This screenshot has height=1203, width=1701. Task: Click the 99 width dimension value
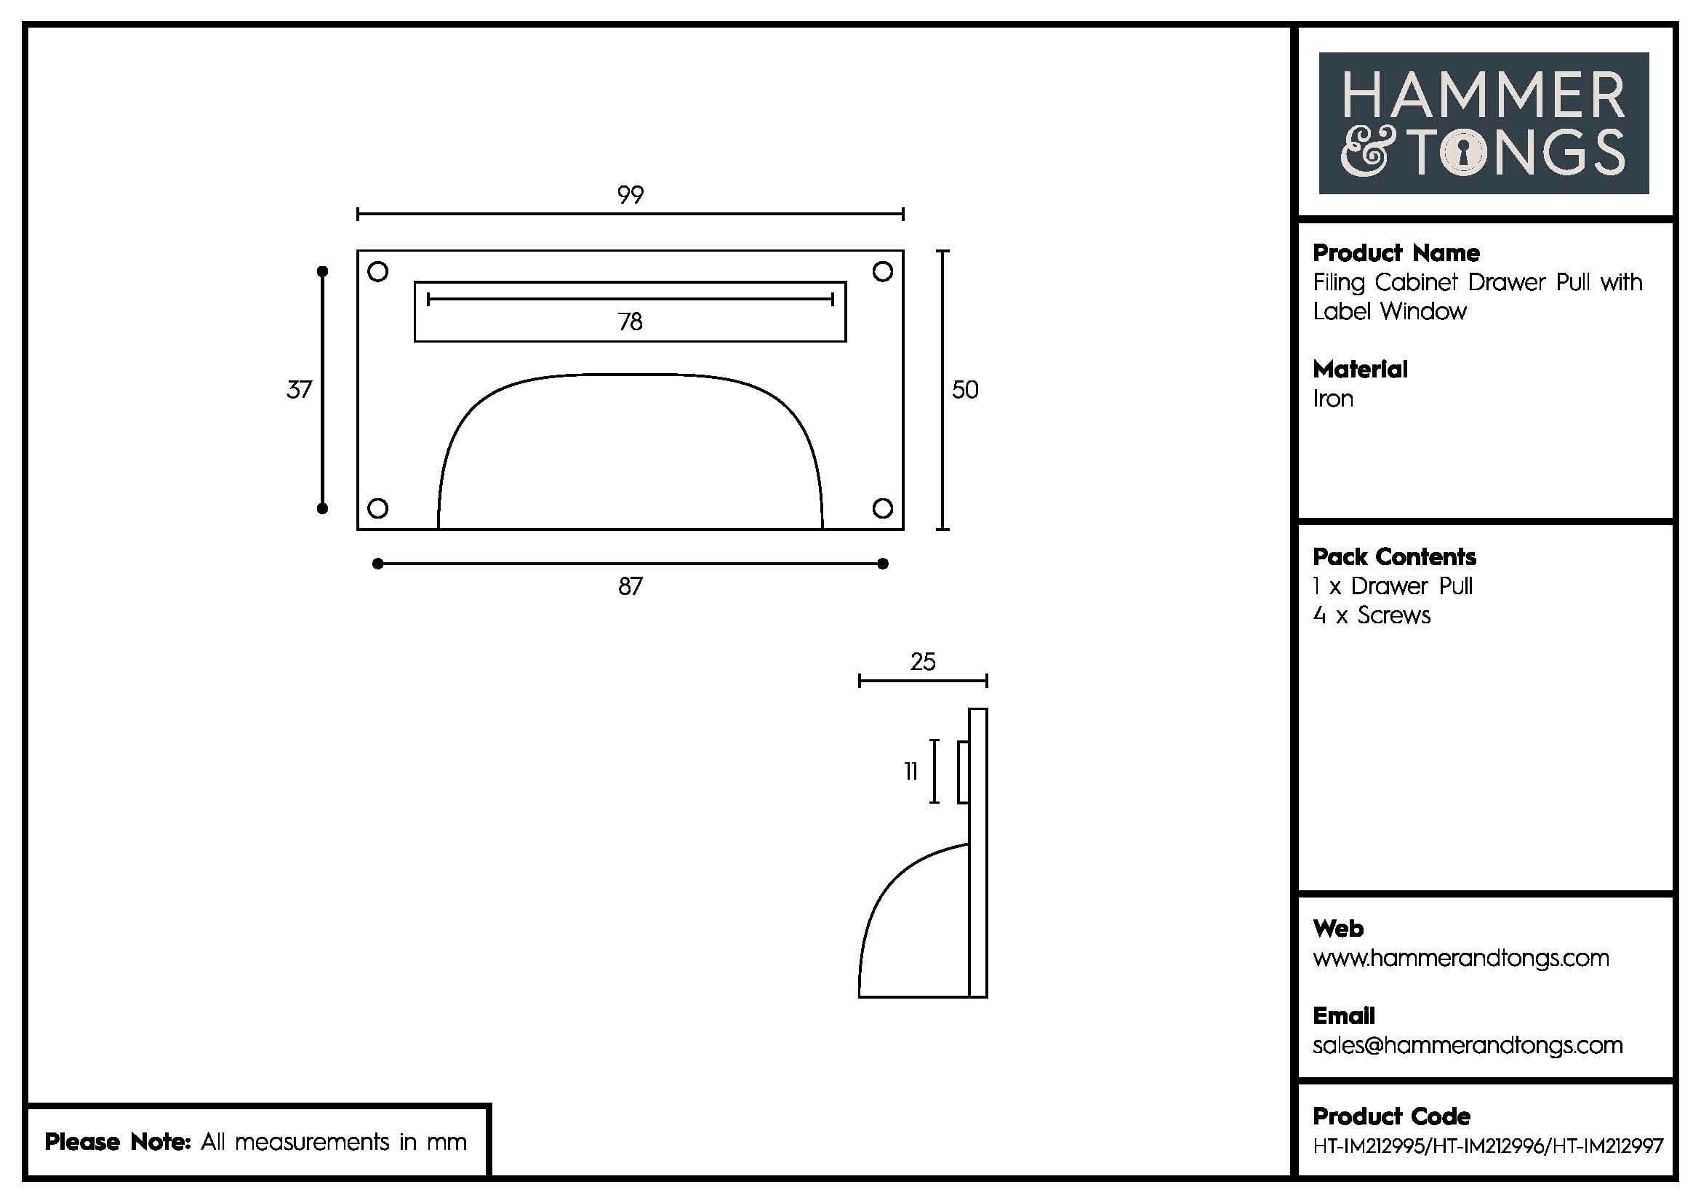(631, 195)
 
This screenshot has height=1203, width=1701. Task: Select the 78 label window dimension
(631, 321)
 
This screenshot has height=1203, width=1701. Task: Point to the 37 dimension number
(300, 390)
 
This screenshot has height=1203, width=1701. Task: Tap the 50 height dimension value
(964, 390)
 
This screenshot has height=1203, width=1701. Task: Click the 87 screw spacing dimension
(631, 587)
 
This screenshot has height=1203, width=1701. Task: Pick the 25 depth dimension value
(923, 661)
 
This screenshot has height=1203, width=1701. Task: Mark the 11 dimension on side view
(910, 772)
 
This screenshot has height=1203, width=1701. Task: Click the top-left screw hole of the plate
(378, 272)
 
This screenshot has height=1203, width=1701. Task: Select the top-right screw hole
(882, 272)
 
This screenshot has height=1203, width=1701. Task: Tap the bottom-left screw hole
(378, 508)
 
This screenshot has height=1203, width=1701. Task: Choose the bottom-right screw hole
(882, 508)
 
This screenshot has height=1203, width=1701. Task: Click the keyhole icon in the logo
(1463, 153)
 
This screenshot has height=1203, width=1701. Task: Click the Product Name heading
(1396, 253)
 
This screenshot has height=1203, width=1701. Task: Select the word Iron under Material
(1333, 399)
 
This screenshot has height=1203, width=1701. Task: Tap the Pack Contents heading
(1393, 557)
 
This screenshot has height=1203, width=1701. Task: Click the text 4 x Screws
(1372, 615)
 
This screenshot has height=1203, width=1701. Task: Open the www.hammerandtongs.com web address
(1460, 959)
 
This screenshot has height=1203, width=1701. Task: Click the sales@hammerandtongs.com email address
(1467, 1045)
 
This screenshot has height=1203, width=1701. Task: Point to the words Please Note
(118, 1142)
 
